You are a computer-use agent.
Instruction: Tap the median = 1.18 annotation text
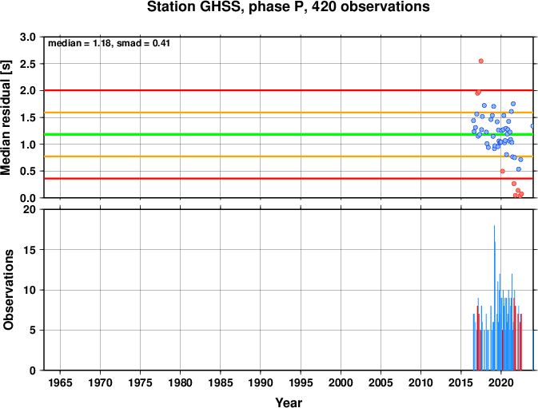[79, 43]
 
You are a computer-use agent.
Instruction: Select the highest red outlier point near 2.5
[481, 61]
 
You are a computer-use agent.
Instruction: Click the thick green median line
[289, 134]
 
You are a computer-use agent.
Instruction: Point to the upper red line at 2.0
[289, 90]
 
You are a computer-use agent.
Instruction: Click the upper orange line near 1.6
[289, 113]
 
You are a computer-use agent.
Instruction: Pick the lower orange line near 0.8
[289, 156]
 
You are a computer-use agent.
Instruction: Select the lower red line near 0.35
[289, 179]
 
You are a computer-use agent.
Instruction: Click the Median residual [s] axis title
[6, 117]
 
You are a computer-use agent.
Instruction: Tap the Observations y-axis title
[8, 290]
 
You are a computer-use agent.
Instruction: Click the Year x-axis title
[289, 402]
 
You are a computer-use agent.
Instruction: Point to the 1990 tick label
[261, 382]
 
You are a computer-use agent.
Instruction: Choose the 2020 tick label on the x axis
[501, 382]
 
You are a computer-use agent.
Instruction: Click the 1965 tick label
[60, 382]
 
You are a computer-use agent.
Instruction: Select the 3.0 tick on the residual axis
[28, 37]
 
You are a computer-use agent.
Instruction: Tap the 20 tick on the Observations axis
[30, 209]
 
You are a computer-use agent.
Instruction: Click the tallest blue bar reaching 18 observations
[494, 298]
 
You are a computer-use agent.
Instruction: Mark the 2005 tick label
[381, 382]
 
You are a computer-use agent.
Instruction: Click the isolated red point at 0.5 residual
[502, 172]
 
